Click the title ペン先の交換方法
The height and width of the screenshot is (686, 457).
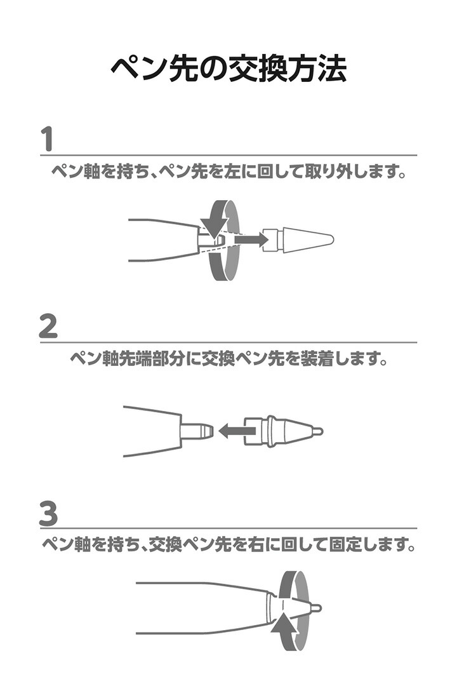tap(228, 69)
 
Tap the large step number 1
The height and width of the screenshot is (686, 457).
tap(47, 138)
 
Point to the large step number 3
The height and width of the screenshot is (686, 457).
tap(48, 513)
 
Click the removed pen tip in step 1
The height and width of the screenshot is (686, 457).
tap(298, 239)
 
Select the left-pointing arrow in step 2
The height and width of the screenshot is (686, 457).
tap(237, 431)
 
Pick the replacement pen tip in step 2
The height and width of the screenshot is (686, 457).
tap(283, 431)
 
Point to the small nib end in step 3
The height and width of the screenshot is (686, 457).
tap(315, 609)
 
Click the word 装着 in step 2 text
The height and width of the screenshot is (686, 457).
tap(317, 359)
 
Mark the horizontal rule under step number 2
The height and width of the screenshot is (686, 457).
tap(228, 342)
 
